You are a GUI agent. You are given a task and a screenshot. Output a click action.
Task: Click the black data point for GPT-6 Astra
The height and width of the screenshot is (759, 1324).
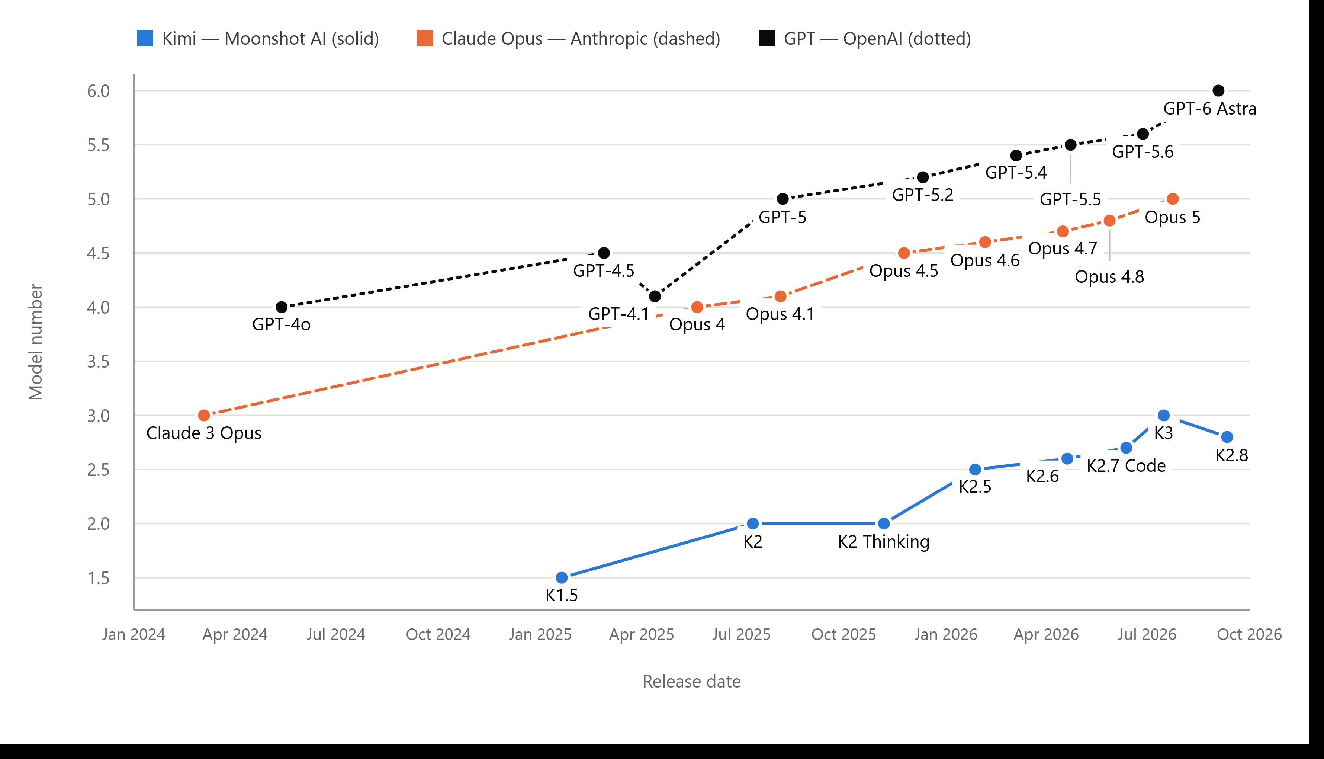pyautogui.click(x=1218, y=91)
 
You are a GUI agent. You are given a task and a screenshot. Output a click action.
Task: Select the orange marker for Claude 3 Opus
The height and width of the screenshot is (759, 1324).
pyautogui.click(x=204, y=416)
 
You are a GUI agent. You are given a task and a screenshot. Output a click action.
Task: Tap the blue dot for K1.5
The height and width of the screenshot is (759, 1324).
pyautogui.click(x=562, y=577)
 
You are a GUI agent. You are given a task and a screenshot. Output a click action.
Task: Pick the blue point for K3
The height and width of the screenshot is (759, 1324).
pyautogui.click(x=1163, y=416)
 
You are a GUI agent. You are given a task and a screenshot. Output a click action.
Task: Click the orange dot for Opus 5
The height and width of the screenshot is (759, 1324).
pyautogui.click(x=1172, y=199)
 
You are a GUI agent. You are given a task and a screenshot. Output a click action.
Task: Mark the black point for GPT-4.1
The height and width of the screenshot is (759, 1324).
pyautogui.click(x=655, y=296)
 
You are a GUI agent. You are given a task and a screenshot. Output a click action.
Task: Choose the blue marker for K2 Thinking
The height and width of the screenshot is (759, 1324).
pyautogui.click(x=884, y=523)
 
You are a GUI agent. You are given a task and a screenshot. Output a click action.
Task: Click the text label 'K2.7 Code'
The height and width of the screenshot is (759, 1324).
pyautogui.click(x=1126, y=465)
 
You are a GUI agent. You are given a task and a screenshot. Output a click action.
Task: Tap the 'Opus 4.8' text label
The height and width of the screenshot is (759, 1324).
pyautogui.click(x=1109, y=276)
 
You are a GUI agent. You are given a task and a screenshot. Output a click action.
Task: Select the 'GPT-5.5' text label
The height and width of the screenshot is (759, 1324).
pyautogui.click(x=1070, y=199)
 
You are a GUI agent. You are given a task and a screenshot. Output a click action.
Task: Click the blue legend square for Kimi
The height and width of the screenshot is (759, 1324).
pyautogui.click(x=145, y=38)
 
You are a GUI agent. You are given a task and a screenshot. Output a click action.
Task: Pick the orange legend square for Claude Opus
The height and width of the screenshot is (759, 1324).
pyautogui.click(x=425, y=38)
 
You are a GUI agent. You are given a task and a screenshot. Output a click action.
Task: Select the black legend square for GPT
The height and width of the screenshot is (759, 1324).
pyautogui.click(x=767, y=38)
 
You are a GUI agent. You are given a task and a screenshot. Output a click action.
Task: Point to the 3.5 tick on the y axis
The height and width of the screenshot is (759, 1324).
pyautogui.click(x=99, y=361)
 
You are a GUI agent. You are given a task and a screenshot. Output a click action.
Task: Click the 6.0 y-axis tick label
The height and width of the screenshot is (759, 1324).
pyautogui.click(x=99, y=91)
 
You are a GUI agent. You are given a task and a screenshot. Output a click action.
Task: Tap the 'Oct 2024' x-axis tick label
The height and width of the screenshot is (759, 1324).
pyautogui.click(x=438, y=634)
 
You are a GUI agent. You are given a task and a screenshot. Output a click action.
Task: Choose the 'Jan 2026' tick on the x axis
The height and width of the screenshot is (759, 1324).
pyautogui.click(x=946, y=634)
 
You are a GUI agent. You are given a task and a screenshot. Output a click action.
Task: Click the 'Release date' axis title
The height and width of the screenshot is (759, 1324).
pyautogui.click(x=691, y=681)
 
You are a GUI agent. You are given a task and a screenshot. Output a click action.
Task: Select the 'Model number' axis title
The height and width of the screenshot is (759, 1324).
pyautogui.click(x=35, y=342)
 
